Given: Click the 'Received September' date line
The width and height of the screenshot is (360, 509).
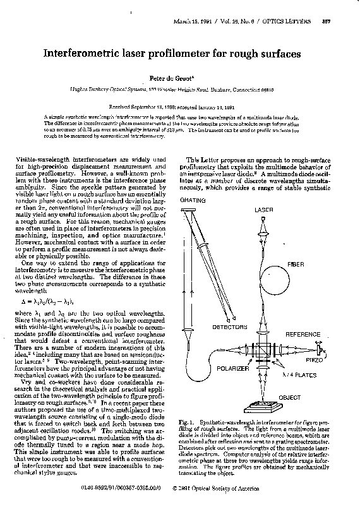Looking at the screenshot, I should [181, 107].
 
